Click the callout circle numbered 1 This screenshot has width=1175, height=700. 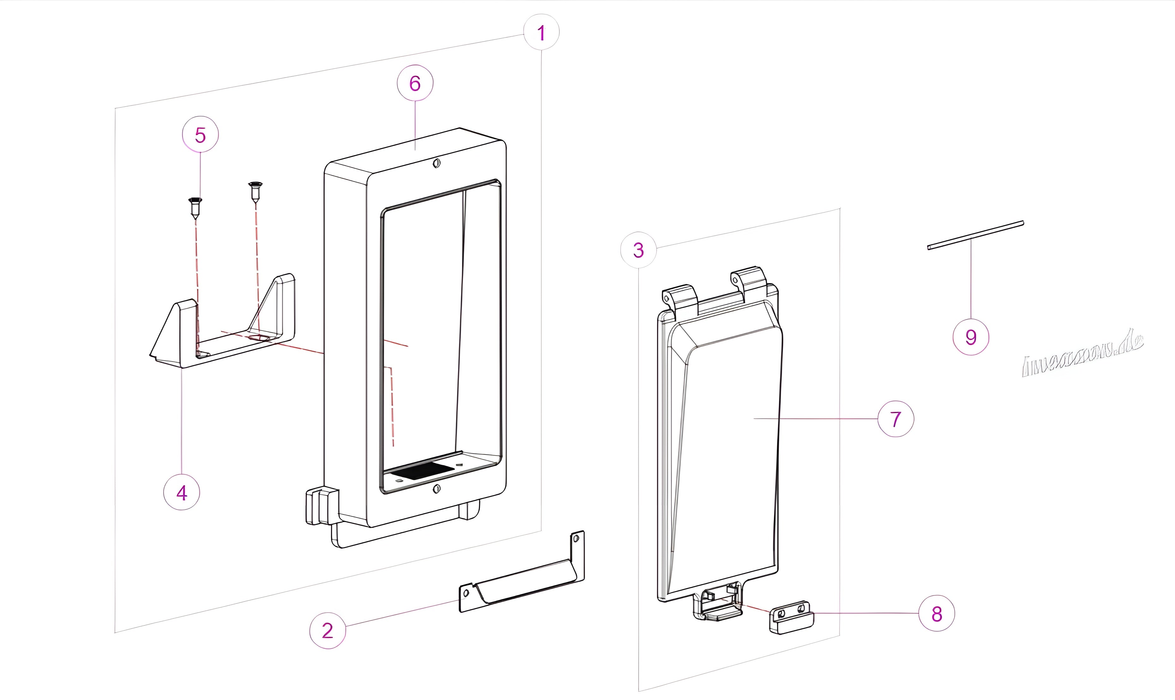tap(541, 33)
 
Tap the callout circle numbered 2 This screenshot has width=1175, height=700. tap(328, 631)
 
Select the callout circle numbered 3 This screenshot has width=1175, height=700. tap(638, 250)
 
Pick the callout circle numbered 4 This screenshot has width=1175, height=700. tap(182, 493)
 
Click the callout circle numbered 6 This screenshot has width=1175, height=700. tap(415, 83)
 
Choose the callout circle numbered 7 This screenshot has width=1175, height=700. tap(895, 419)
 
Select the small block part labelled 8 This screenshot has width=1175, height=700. tap(792, 618)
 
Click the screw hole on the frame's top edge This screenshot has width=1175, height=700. tap(437, 164)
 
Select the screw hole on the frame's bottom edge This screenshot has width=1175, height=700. tap(437, 489)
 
